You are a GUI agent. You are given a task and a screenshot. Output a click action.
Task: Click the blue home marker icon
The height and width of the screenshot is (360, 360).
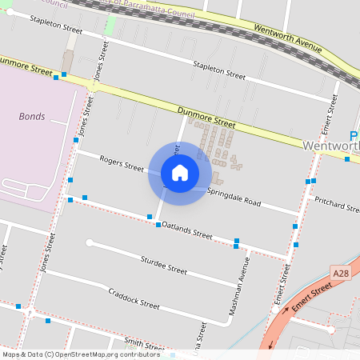(x=180, y=172)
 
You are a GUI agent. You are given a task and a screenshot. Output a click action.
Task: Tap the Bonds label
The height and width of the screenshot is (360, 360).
(x=32, y=116)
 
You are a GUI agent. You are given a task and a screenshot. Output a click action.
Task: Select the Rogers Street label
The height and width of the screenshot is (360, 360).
(x=122, y=164)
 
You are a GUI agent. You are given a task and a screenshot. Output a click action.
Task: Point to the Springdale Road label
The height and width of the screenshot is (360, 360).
(x=234, y=198)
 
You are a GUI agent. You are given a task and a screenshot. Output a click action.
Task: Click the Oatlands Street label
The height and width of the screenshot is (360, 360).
(x=187, y=230)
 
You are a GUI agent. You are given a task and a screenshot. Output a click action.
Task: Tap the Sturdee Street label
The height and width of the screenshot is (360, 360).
(x=163, y=265)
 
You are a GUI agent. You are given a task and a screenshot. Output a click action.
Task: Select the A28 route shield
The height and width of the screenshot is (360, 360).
(x=341, y=274)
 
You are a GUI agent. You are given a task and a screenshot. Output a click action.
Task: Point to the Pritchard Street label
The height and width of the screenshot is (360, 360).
(x=336, y=204)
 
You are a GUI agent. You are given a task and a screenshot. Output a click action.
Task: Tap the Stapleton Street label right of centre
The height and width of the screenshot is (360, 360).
(x=218, y=70)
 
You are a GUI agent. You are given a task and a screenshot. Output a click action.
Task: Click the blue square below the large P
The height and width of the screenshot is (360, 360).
(x=347, y=158)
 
